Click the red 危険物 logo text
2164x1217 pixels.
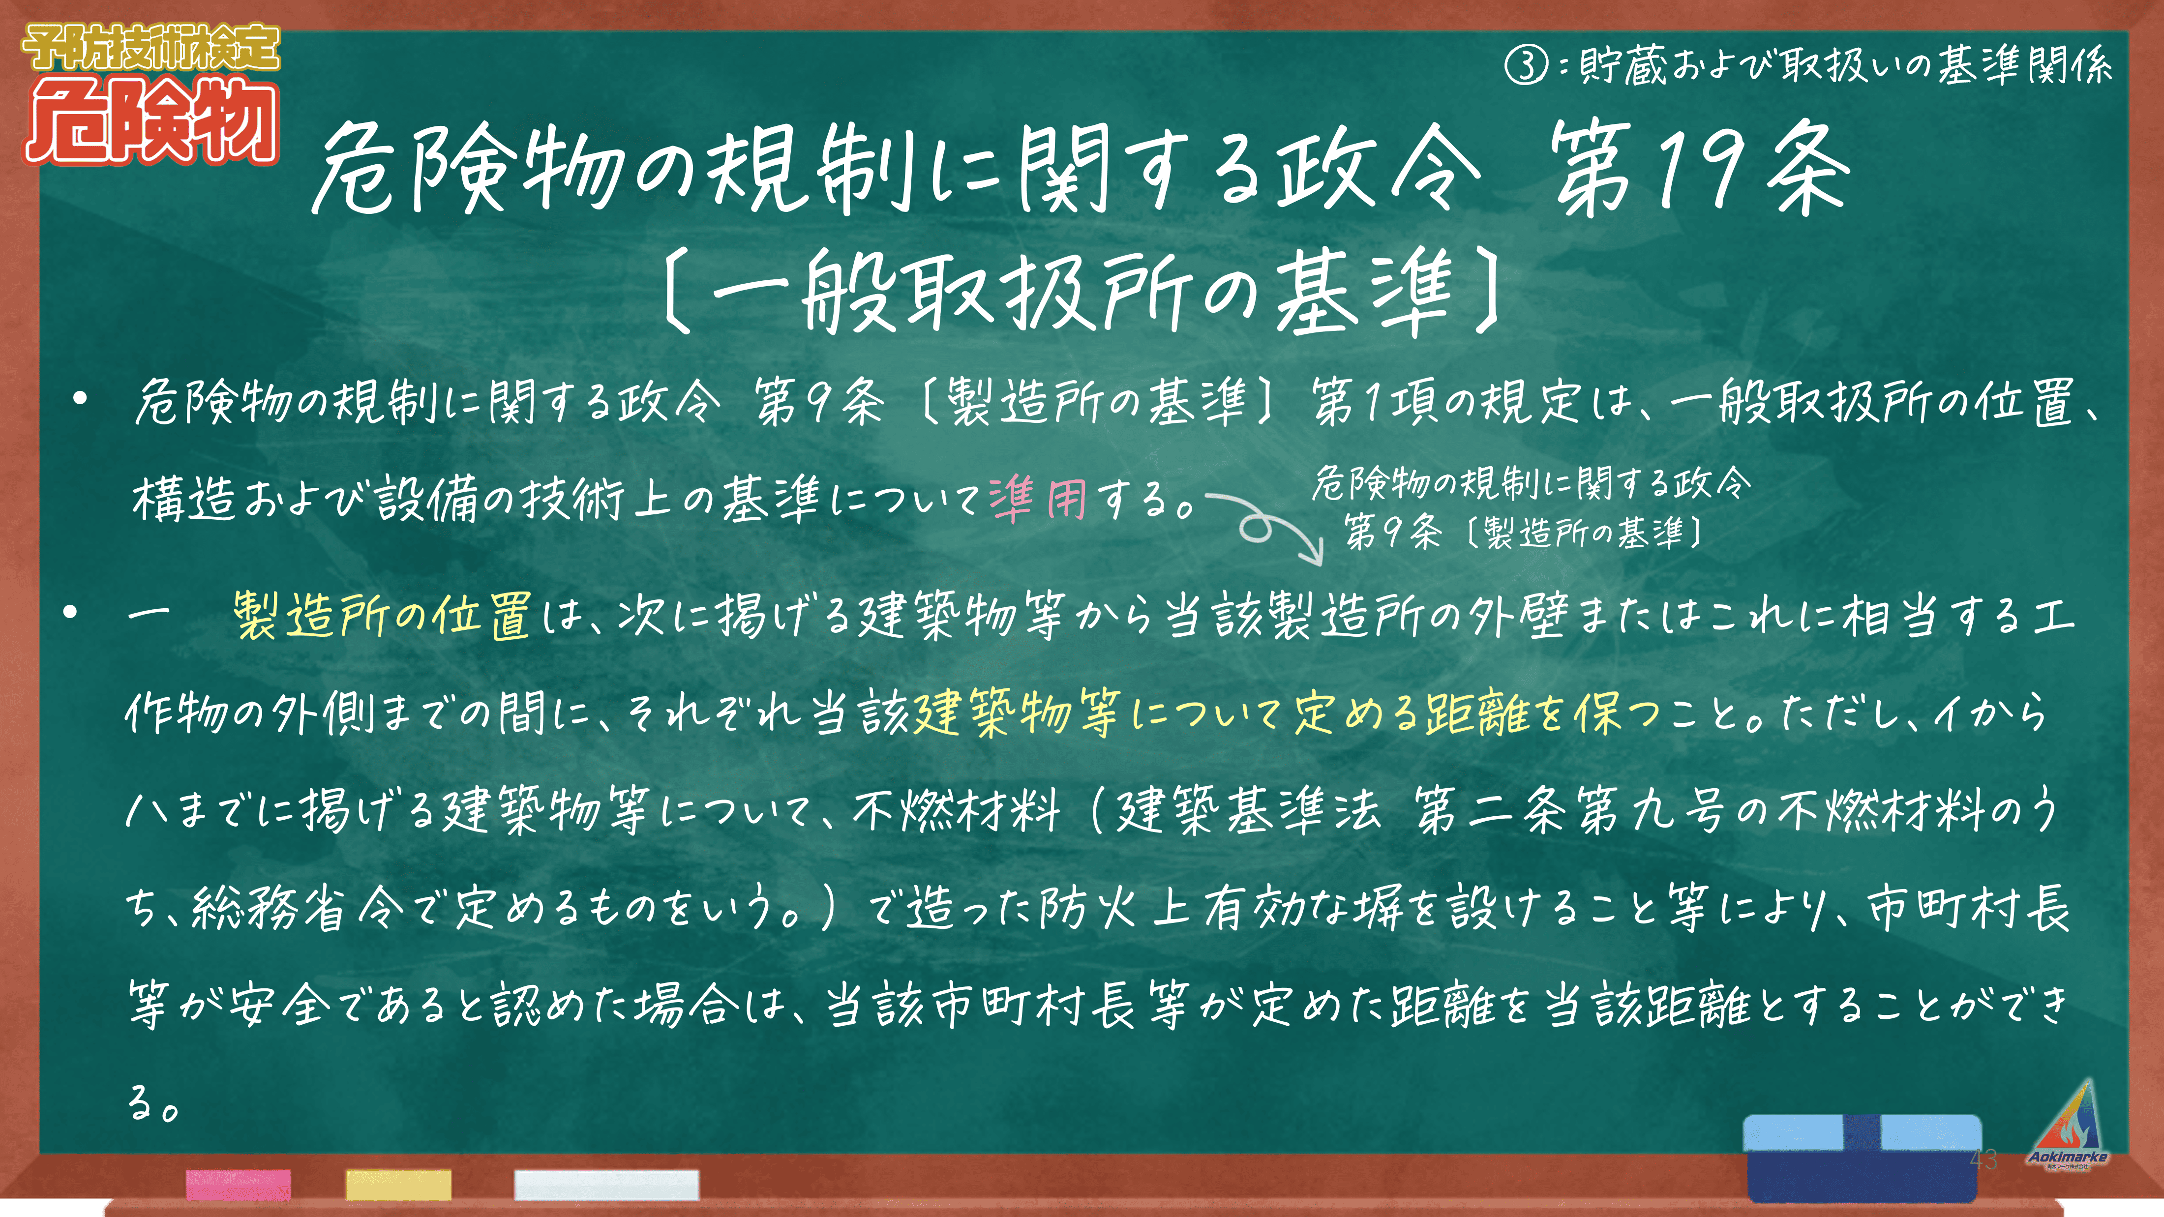click(x=151, y=120)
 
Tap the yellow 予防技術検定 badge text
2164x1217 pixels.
click(x=151, y=47)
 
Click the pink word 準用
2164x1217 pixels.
click(x=1038, y=499)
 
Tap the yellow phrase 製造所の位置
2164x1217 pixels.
click(x=382, y=616)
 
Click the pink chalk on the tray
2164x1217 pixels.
click(x=239, y=1184)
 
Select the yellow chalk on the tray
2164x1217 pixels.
click(x=398, y=1184)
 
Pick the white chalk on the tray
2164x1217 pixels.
click(x=606, y=1184)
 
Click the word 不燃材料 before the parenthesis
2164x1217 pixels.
click(x=957, y=810)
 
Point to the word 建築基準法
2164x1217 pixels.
click(x=1247, y=810)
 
